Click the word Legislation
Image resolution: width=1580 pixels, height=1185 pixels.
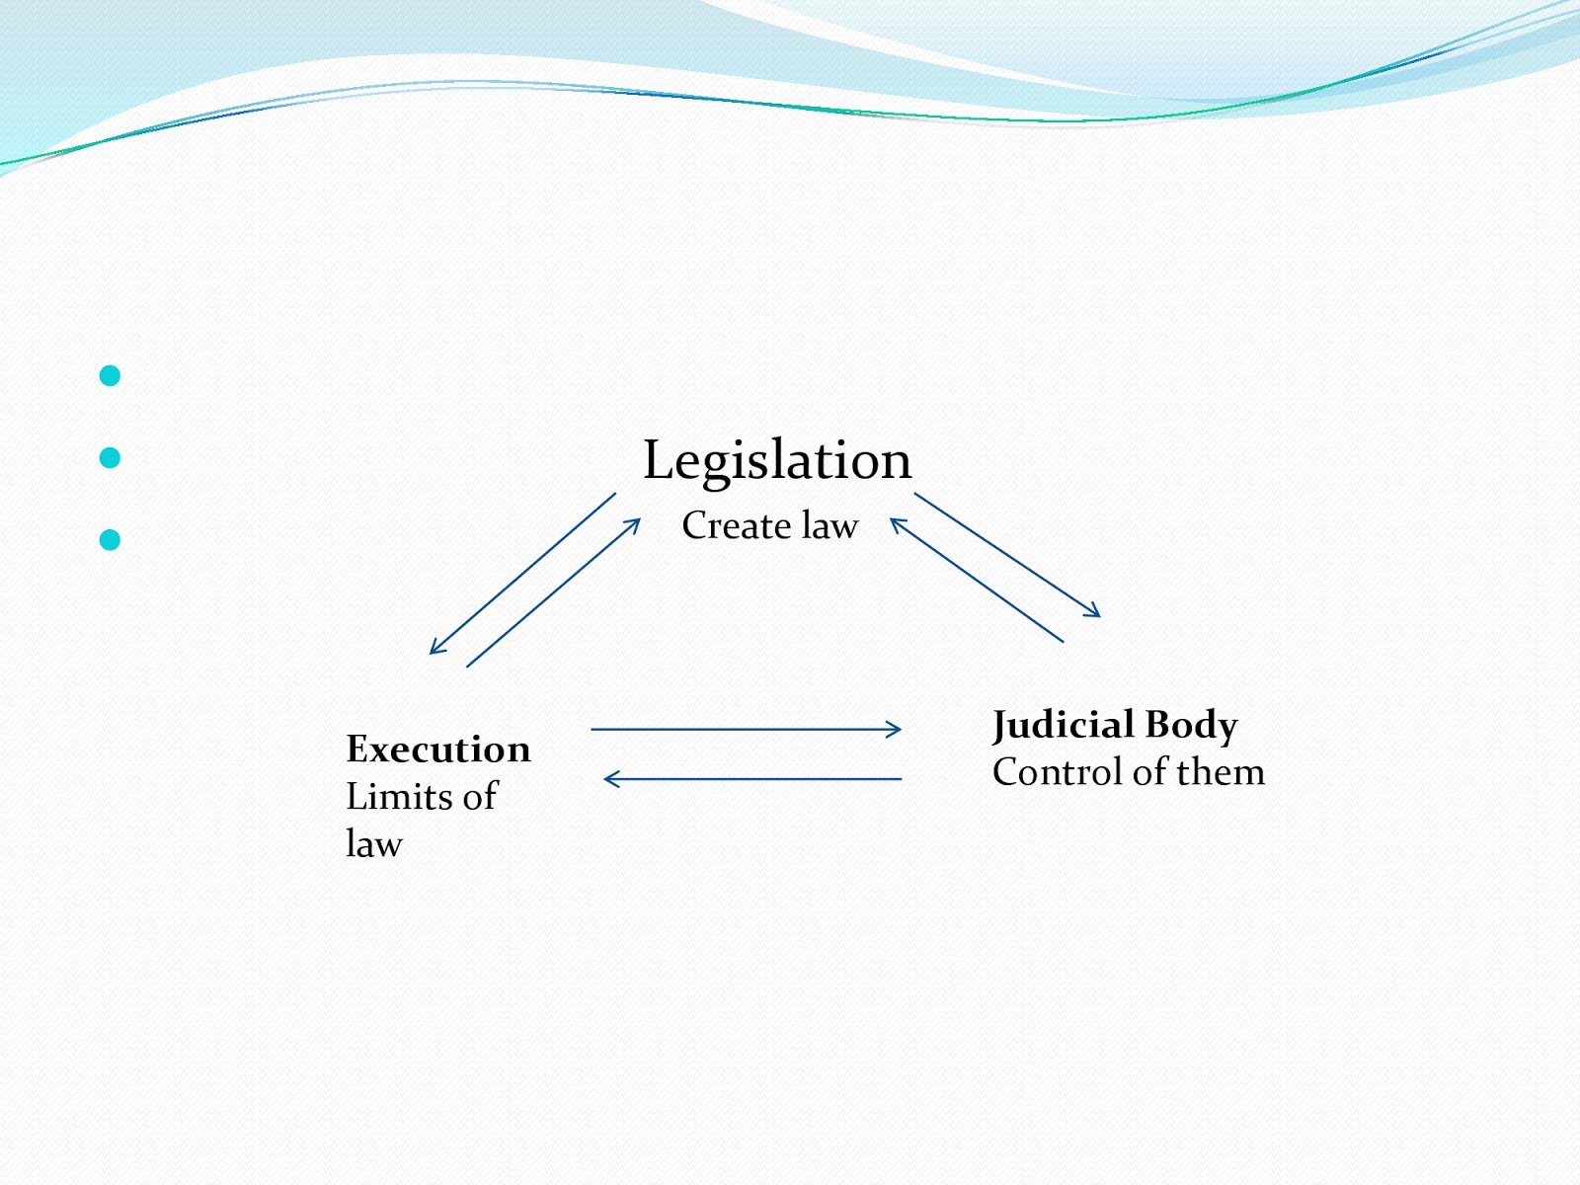777,461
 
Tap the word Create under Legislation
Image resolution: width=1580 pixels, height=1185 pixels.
736,525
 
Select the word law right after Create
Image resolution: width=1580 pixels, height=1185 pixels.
829,525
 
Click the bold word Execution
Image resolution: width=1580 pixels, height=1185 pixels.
438,750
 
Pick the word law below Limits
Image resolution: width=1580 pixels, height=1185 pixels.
374,844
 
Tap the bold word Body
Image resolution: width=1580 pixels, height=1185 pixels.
1191,726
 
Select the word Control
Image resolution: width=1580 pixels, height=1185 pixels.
1058,772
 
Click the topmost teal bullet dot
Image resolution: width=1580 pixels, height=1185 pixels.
110,375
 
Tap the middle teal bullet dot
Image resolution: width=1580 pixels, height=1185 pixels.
110,457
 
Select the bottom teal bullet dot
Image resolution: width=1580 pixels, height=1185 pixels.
110,539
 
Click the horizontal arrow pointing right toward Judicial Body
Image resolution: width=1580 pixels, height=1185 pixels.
746,730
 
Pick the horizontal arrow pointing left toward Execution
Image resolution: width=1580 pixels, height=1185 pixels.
752,779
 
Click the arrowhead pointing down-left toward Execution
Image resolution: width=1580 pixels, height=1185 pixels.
435,649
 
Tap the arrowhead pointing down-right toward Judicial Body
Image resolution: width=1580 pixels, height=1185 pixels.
1094,612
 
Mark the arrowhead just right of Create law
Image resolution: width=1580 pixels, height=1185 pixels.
897,522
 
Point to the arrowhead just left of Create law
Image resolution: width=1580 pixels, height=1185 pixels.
635,523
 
